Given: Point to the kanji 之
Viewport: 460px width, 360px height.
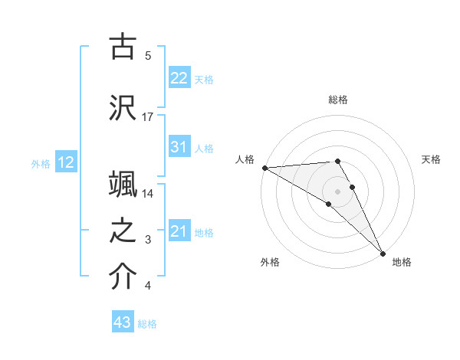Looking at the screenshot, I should [123, 231].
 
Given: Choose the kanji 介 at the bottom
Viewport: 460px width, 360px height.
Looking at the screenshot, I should [123, 277].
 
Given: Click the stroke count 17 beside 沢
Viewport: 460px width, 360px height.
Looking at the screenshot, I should [148, 116].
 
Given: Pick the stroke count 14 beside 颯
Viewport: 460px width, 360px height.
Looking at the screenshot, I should [148, 193].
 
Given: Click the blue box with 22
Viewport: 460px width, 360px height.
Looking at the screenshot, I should [179, 78].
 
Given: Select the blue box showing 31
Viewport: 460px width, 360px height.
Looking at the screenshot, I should [179, 147].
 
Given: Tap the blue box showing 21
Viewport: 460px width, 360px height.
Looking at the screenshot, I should [179, 231].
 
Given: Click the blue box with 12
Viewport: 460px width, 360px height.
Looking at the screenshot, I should [66, 162].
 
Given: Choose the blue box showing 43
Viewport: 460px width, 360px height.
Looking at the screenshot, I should [123, 323].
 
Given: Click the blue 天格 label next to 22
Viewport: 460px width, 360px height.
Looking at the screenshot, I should [204, 79].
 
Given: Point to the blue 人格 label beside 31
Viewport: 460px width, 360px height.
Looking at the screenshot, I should [204, 148].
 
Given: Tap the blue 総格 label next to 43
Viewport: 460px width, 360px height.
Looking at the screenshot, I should [147, 324].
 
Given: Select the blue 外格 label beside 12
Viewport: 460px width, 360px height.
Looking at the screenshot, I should [41, 163].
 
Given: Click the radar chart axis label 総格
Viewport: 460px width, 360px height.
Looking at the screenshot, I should [338, 100].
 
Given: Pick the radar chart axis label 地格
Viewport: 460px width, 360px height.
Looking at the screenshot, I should [402, 262].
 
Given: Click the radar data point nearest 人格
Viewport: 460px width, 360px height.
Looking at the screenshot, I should [264, 168].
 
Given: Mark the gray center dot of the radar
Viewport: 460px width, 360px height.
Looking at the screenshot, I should [337, 191].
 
